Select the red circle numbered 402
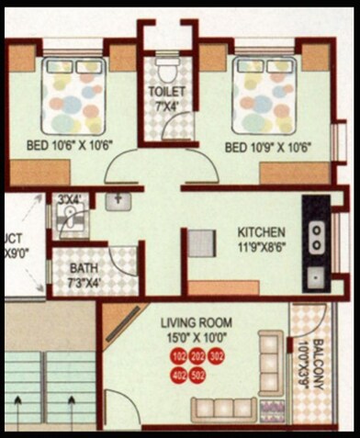click(x=178, y=375)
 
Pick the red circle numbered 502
click(x=197, y=375)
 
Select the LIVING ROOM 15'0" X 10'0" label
click(x=197, y=329)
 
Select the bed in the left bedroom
click(x=73, y=95)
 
